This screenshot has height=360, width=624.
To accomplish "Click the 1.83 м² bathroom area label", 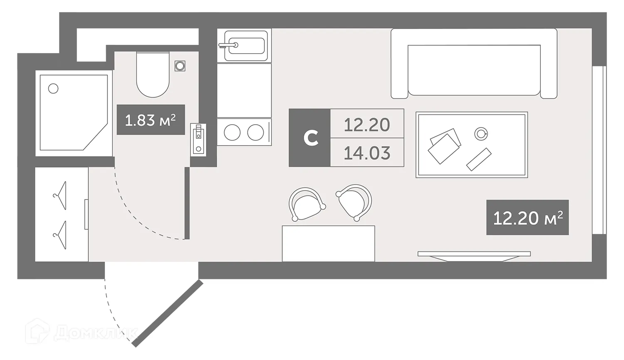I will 151,120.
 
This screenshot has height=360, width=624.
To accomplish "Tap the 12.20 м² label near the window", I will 527,217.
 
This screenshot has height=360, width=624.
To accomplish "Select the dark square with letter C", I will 310,138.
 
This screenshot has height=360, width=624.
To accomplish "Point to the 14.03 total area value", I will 367,153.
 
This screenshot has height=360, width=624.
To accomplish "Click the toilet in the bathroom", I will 153,75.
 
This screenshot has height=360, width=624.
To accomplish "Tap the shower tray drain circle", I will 53,88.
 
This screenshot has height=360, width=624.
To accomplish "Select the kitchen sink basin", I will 244,45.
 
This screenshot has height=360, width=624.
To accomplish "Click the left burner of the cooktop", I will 232,133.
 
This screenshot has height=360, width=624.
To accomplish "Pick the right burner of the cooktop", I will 255,133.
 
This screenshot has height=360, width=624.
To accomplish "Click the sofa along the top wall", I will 474,64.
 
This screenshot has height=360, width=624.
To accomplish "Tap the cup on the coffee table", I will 481,133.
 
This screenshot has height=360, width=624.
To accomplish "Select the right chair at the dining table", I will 354,201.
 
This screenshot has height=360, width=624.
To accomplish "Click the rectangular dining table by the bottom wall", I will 328,244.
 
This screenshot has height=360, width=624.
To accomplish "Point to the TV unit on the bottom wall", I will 474,254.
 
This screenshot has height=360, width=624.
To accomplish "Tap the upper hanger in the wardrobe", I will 60,195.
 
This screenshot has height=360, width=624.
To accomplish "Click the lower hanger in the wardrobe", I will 60,235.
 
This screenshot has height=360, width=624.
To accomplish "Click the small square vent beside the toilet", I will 180,66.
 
